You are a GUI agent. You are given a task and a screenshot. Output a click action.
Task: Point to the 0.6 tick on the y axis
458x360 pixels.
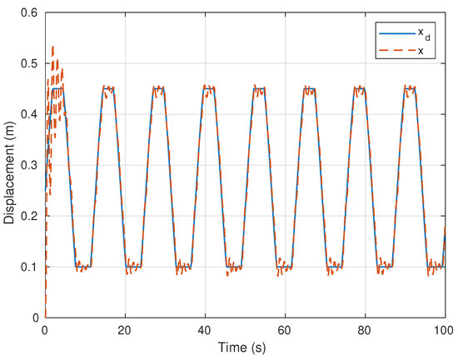29,12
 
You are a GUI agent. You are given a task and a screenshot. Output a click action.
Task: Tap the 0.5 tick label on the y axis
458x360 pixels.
29,63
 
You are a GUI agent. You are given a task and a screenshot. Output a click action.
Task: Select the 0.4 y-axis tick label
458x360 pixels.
29,114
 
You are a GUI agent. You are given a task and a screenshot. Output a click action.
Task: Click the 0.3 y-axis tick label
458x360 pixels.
29,165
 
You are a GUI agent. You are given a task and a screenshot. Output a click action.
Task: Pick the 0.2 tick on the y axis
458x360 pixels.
29,216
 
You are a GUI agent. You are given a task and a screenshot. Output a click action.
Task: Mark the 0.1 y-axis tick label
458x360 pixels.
29,267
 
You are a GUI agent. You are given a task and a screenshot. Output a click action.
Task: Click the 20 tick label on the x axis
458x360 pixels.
125,331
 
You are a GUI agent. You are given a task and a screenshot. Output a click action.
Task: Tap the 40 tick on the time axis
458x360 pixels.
205,331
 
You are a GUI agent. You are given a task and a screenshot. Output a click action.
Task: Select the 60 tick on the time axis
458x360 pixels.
285,331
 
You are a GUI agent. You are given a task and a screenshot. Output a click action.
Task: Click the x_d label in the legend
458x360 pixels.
423,32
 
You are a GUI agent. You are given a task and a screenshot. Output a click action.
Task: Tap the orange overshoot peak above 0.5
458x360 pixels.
53,47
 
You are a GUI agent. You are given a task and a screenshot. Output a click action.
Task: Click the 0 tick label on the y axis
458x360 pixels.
35,317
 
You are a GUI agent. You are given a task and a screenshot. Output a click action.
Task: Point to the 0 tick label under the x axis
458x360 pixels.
45,331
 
